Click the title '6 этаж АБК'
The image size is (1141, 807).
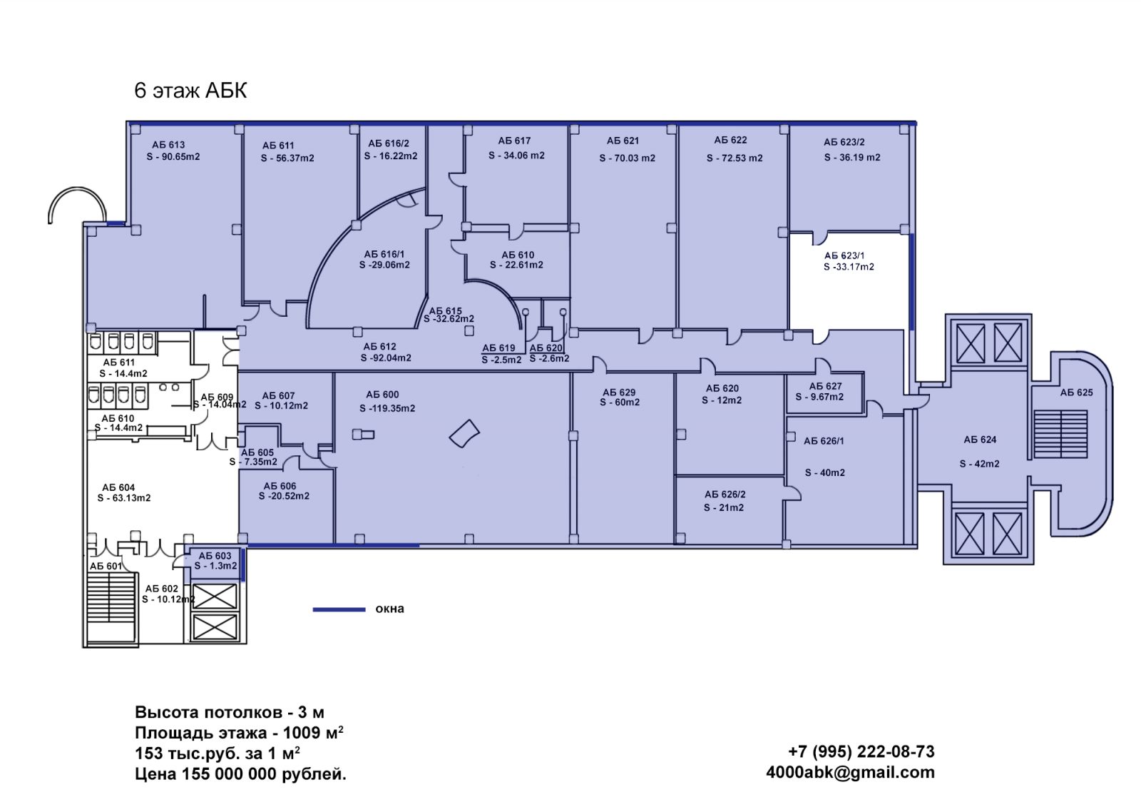190,91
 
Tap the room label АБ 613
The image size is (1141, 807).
168,145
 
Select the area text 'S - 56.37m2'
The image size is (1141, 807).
287,158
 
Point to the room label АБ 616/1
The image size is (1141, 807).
384,254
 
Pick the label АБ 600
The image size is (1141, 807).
382,395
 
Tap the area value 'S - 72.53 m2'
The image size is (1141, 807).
735,158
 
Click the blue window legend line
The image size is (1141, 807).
339,609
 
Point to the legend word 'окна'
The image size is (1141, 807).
389,609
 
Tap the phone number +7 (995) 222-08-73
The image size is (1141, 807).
861,751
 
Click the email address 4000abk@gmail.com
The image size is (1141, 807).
850,772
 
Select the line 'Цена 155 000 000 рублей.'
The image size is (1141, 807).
240,774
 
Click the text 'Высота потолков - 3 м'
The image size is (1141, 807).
229,712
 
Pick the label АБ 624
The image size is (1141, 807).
980,440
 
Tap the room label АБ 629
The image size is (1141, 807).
619,392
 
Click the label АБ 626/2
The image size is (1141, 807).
725,494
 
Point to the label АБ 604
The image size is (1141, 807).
118,487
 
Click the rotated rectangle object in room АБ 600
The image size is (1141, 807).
464,433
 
